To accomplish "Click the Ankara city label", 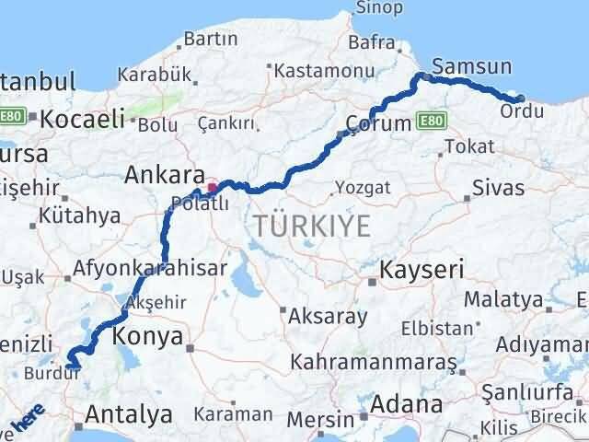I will [165, 174].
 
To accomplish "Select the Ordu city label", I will [514, 111].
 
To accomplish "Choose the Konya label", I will [149, 336].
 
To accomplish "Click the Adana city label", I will [408, 403].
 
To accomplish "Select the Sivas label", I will [497, 189].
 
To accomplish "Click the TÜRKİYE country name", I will [313, 226].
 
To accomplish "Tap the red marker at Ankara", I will [213, 189].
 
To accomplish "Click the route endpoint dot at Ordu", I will [521, 98].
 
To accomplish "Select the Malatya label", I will [503, 299].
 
